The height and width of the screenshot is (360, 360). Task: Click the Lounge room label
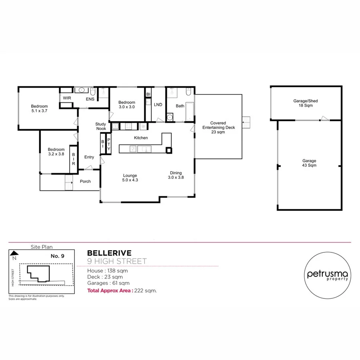point(130,178)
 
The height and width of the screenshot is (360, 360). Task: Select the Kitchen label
point(141,138)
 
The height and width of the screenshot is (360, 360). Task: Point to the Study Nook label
point(101,126)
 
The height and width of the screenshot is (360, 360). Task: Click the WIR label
point(66,98)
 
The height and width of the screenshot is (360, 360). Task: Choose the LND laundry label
point(158,104)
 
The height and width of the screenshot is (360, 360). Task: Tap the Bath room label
point(180,106)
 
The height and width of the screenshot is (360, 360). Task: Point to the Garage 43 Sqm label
point(309,163)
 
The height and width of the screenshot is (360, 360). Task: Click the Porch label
point(85,181)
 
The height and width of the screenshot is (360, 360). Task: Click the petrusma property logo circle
point(328,276)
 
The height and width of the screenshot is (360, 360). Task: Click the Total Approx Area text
point(122,291)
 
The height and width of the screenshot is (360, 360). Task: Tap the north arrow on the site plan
point(14,254)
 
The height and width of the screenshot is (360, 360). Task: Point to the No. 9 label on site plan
point(58,256)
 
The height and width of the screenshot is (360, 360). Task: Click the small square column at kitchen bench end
point(169,150)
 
